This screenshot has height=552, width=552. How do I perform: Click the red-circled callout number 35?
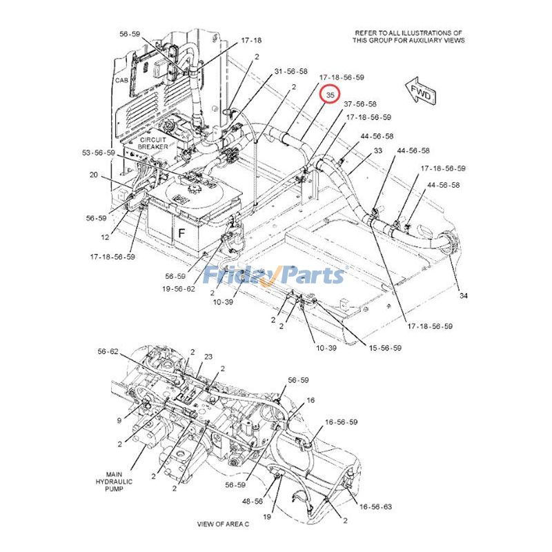[x=331, y=95]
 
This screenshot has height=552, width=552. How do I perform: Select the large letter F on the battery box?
[x=181, y=233]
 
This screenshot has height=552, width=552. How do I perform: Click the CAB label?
[x=122, y=81]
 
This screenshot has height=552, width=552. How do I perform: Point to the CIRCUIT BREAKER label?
[x=152, y=143]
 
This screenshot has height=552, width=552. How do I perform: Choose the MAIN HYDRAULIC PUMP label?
[x=114, y=482]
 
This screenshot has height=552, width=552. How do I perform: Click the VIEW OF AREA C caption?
[x=223, y=524]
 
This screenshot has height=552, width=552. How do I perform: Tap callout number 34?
[x=463, y=296]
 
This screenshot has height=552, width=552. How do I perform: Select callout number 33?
[x=377, y=150]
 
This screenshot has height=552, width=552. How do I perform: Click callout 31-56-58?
[x=290, y=72]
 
